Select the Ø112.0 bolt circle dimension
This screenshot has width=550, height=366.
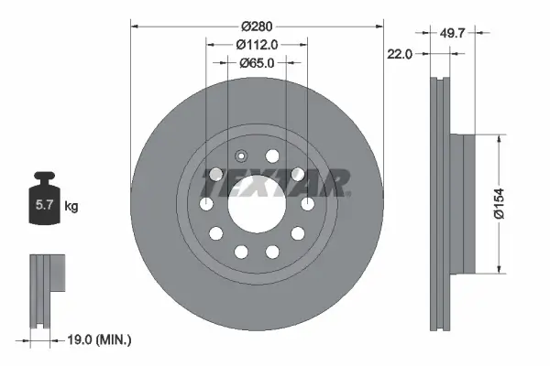pyautogui.click(x=257, y=44)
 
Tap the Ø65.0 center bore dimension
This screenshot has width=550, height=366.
pyautogui.click(x=257, y=63)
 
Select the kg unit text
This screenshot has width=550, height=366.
pyautogui.click(x=71, y=207)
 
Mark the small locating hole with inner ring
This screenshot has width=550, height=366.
pyautogui.click(x=241, y=156)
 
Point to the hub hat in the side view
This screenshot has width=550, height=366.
pyautogui.click(x=467, y=203)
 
